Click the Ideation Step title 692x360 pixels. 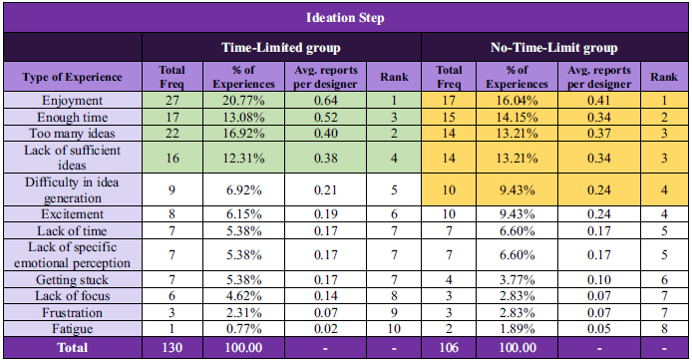pos(345,18)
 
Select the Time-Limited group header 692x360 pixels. pos(280,47)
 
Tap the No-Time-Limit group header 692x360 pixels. pos(553,47)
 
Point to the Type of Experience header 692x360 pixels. pos(72,77)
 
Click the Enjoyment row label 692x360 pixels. pos(73,100)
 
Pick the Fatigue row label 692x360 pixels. pos(73,329)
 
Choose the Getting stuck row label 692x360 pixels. pos(73,279)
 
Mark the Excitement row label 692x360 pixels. pos(73,214)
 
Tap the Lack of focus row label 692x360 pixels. pos(73,295)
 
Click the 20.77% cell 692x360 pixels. pos(243,100)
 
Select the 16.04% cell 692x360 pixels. pos(517,100)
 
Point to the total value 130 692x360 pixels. pos(173,348)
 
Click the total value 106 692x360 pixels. pos(449,348)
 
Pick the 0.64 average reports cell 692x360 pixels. pos(326,100)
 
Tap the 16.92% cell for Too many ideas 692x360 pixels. pos(243,134)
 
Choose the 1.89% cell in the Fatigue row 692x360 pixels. pos(517,329)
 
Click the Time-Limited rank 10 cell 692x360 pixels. pos(394,329)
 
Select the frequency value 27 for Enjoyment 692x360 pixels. pos(173,100)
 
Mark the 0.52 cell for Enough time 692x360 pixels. pos(326,118)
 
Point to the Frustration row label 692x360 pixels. pos(73,312)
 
